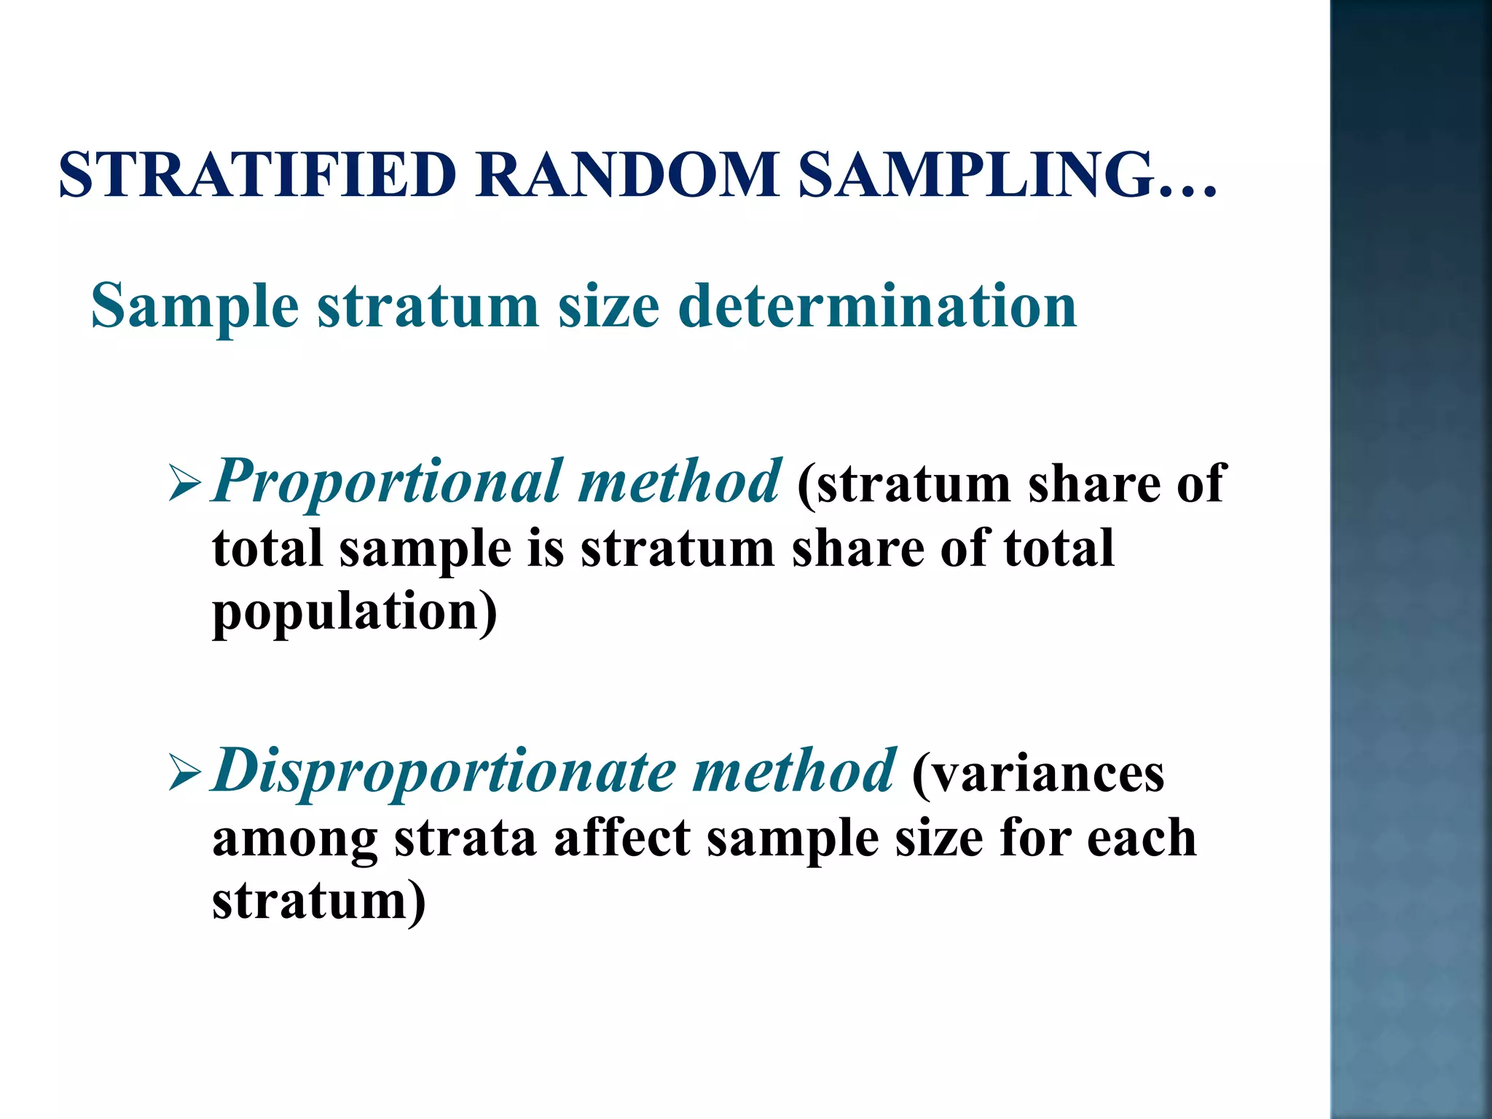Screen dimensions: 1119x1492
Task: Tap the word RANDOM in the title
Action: tap(628, 175)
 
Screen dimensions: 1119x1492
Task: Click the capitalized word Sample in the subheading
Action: tap(195, 307)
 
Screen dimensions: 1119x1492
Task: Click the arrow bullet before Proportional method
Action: tap(184, 484)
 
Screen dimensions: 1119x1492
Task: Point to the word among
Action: tap(294, 839)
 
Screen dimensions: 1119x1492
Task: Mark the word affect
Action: tap(622, 838)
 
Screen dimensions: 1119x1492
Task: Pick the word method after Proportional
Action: tap(679, 482)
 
